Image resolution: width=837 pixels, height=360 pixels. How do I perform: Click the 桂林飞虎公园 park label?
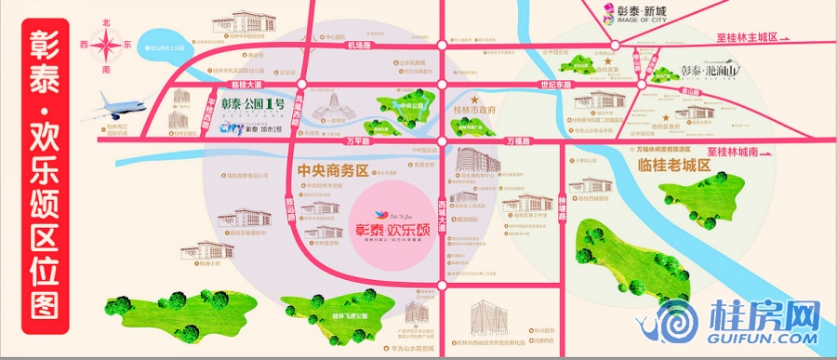click(345, 316)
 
